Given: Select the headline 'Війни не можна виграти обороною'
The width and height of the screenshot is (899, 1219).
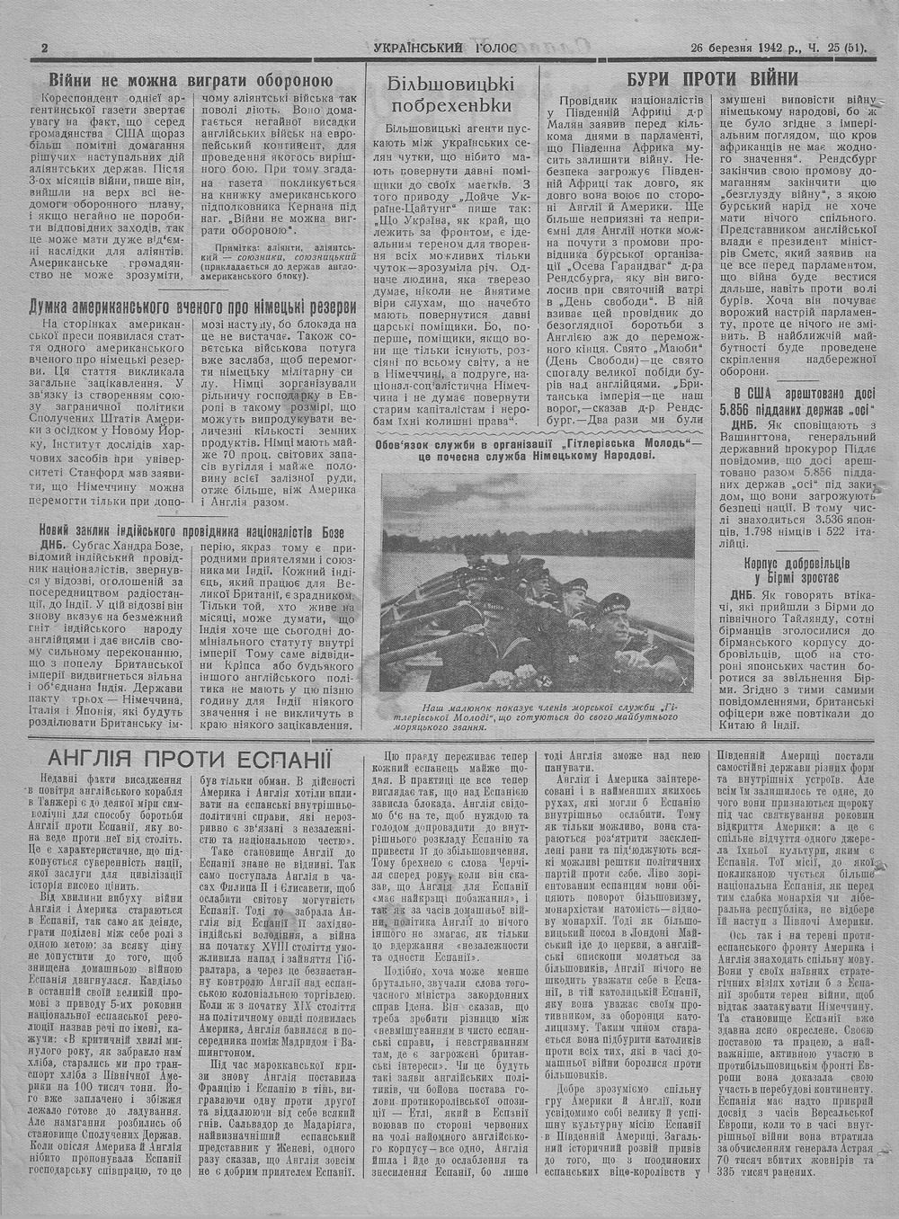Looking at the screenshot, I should tap(191, 78).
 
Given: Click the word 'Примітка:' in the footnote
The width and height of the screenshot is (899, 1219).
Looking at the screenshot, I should tap(241, 245).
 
